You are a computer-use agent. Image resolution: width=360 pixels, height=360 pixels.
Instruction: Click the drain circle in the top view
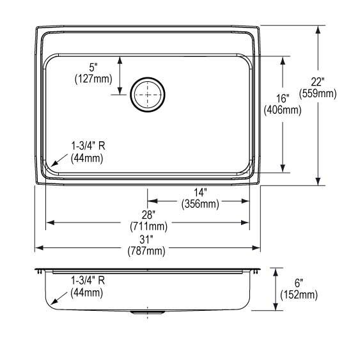click(x=148, y=95)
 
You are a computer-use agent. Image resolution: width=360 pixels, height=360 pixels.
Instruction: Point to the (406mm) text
click(x=283, y=109)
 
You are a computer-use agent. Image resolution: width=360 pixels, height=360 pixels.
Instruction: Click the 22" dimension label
click(x=318, y=82)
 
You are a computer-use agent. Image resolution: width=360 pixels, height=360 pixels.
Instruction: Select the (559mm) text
click(x=318, y=93)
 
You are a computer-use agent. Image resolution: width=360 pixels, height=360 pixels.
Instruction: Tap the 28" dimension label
click(x=148, y=214)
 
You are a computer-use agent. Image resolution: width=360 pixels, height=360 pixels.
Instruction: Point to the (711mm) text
click(x=148, y=226)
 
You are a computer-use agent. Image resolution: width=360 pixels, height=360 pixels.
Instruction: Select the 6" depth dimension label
click(x=299, y=283)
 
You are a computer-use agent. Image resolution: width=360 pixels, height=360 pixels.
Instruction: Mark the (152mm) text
click(x=299, y=294)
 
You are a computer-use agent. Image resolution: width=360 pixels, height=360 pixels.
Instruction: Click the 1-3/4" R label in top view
click(x=87, y=146)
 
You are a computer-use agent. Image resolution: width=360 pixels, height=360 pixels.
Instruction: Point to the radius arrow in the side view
click(x=59, y=297)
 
